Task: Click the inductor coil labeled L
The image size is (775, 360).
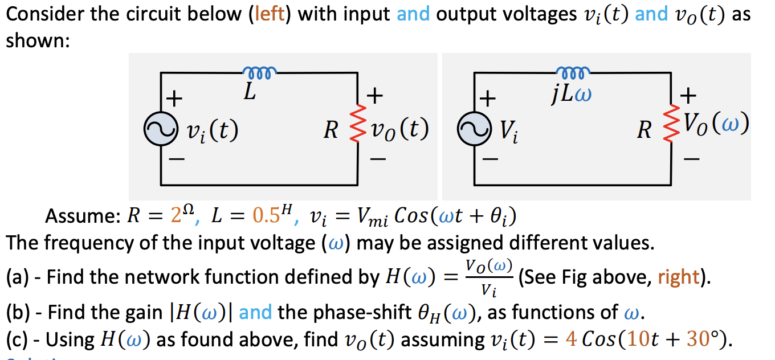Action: [260, 72]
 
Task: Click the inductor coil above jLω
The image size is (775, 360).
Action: [572, 72]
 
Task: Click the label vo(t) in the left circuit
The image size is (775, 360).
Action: [399, 130]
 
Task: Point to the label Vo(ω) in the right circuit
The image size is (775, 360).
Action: [717, 123]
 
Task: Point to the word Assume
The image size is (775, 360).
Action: [79, 218]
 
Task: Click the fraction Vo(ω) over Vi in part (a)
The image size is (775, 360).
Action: [490, 278]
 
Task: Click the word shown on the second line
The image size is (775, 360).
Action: [36, 42]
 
